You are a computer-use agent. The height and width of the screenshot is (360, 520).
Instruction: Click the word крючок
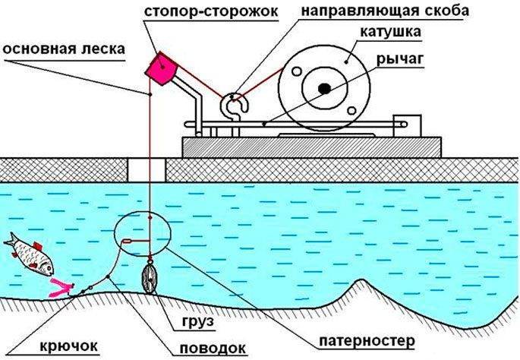pyautogui.click(x=67, y=346)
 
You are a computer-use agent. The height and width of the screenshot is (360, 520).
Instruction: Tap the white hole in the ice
pyautogui.click(x=140, y=169)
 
